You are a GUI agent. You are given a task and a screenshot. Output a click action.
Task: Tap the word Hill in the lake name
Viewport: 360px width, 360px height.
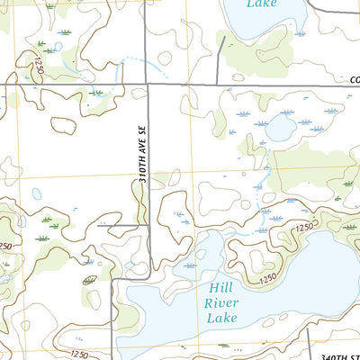click(x=220, y=287)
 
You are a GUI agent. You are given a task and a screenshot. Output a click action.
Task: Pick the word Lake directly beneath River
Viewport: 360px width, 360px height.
click(x=220, y=319)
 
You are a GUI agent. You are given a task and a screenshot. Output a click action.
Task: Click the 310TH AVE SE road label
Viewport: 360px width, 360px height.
click(x=142, y=155)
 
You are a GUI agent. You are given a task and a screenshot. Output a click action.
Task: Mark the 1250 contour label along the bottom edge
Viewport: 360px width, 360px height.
click(x=78, y=354)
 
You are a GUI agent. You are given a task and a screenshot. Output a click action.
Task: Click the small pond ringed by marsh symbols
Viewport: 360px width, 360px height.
click(x=279, y=129)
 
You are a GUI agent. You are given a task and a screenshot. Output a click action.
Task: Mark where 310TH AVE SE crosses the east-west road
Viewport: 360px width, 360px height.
click(x=148, y=85)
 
